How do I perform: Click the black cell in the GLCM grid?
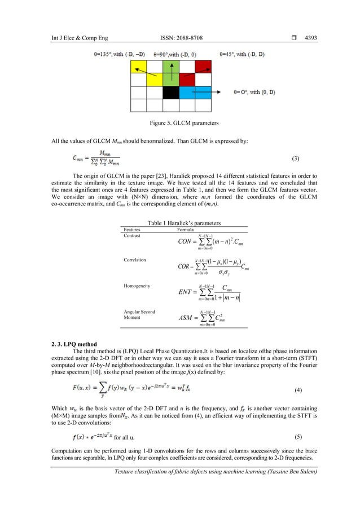click(x=171, y=93)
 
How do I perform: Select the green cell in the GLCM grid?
click(x=171, y=67)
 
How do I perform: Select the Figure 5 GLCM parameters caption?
click(x=179, y=123)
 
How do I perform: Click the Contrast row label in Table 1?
click(x=132, y=236)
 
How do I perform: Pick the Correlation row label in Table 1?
click(x=135, y=260)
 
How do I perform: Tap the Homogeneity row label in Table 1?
click(x=137, y=286)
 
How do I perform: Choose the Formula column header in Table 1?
click(x=186, y=230)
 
